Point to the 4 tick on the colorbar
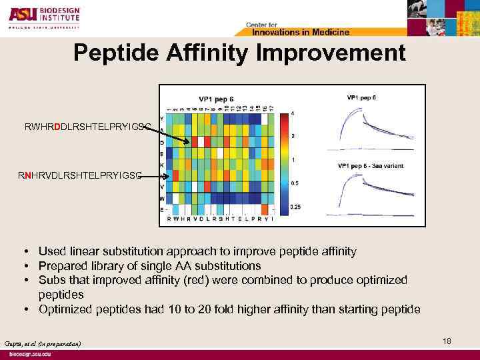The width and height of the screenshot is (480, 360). (293, 113)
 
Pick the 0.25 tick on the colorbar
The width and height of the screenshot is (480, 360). (295, 207)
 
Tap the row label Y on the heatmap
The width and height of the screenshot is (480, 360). (161, 118)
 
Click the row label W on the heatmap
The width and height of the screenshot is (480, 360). (161, 199)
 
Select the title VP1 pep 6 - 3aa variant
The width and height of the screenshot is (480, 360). (370, 165)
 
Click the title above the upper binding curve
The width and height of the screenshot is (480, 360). (361, 97)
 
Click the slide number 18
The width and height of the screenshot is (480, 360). (447, 341)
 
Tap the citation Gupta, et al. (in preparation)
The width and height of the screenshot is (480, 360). (41, 343)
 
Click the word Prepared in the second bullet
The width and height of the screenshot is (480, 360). (60, 266)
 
